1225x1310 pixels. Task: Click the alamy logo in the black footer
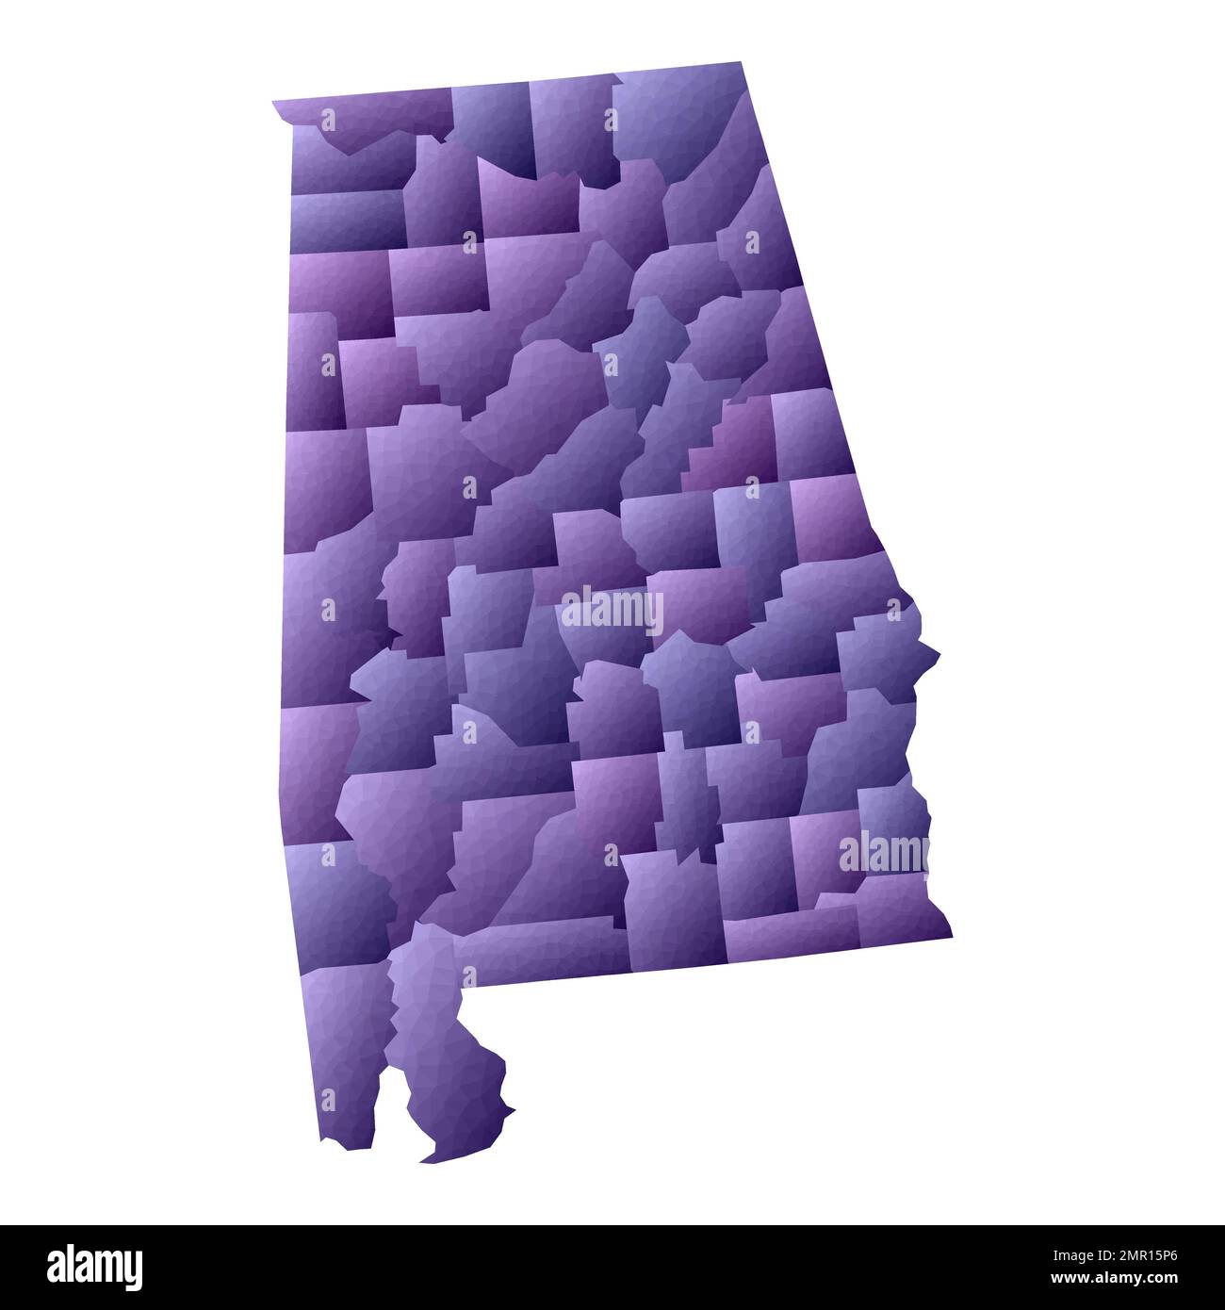pos(94,1266)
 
